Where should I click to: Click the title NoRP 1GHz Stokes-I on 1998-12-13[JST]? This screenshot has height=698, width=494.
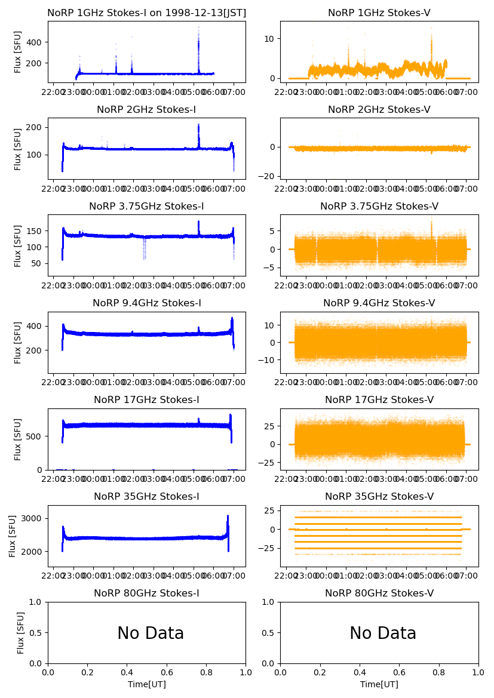146,13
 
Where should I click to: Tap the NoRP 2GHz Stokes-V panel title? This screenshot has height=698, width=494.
379,109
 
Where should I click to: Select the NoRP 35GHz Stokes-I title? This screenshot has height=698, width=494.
146,496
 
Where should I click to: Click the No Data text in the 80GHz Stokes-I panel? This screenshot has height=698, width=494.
151,633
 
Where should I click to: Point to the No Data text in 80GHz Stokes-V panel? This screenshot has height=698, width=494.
383,633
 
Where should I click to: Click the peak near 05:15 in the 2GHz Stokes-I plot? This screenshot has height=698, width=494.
198,126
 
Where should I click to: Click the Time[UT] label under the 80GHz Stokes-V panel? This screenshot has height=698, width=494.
379,684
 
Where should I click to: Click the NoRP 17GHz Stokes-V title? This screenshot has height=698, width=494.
379,399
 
